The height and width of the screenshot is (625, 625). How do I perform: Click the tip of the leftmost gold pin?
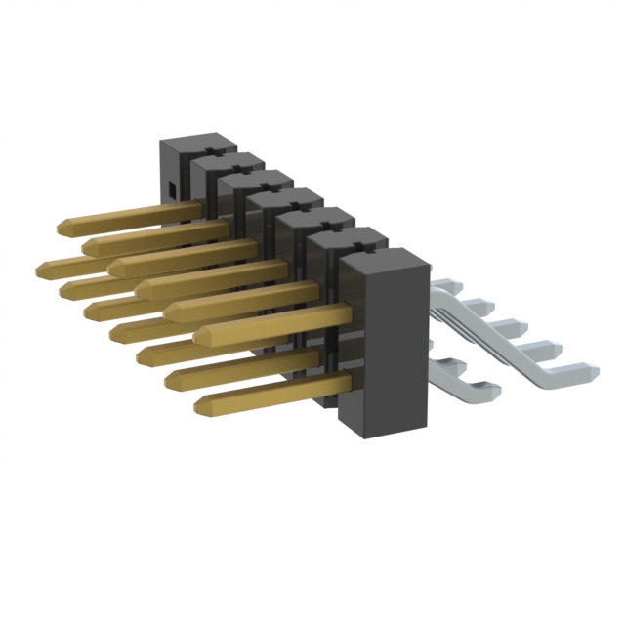click(x=41, y=267)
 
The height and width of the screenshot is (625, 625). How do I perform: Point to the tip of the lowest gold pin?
click(x=199, y=404)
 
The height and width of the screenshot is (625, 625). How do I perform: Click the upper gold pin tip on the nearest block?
click(x=199, y=336)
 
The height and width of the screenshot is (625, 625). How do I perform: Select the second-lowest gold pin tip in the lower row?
click(x=170, y=379)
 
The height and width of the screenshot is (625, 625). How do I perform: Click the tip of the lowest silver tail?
click(x=493, y=392)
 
